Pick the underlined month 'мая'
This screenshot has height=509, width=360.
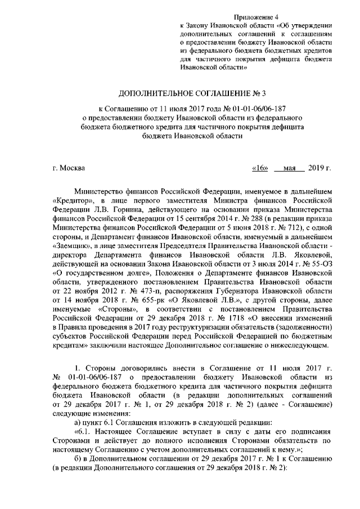[x=290, y=168]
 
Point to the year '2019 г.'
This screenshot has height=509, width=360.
[x=321, y=168]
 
